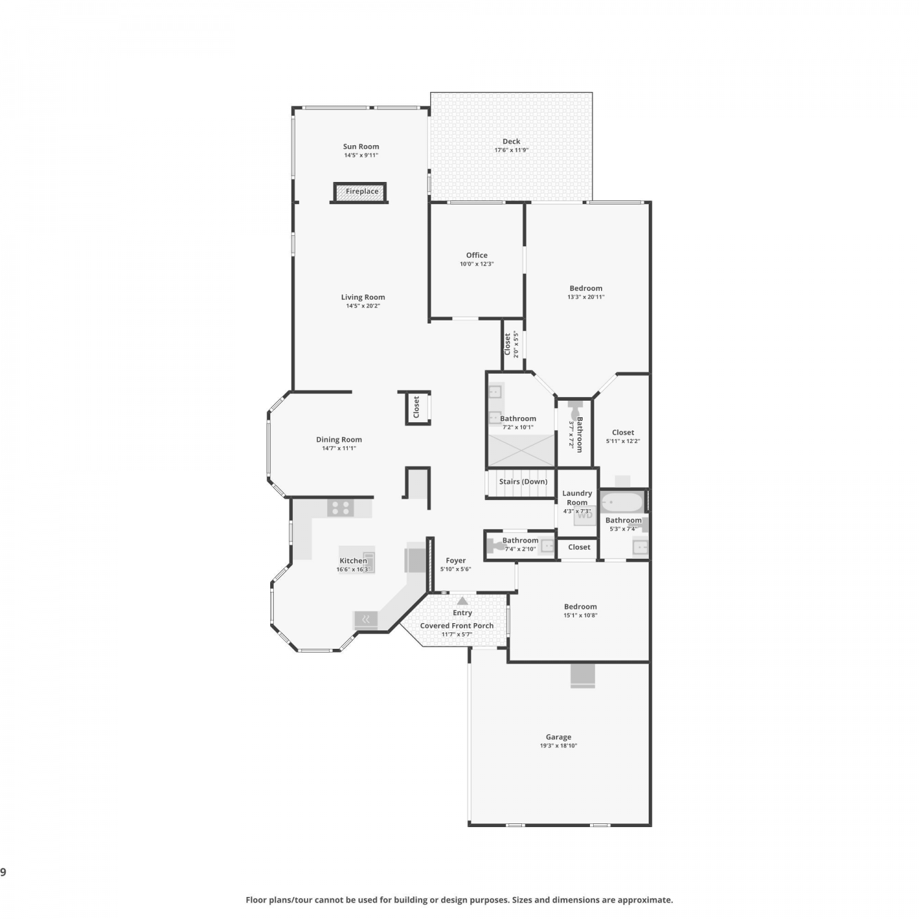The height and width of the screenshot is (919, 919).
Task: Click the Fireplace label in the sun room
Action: (362, 192)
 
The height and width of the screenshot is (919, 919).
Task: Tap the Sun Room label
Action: (361, 146)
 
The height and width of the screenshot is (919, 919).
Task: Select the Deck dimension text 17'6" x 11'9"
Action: (512, 150)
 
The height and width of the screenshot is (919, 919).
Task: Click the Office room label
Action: (477, 255)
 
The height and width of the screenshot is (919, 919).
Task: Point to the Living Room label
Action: (363, 297)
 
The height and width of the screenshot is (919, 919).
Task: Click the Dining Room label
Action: (339, 439)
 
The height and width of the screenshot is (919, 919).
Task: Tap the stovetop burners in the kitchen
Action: (341, 508)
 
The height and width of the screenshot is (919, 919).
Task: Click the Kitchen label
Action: (354, 561)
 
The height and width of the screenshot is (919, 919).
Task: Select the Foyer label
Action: (456, 561)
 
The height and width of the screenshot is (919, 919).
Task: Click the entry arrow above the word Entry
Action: (463, 601)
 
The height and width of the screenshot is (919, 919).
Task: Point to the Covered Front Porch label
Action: (457, 626)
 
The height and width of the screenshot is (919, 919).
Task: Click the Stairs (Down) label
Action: (523, 482)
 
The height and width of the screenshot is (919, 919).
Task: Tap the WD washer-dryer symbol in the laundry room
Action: (585, 515)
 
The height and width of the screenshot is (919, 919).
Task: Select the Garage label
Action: (559, 737)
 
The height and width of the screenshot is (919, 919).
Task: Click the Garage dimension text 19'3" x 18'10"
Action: (559, 746)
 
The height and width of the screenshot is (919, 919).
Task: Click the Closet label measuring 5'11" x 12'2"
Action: (623, 432)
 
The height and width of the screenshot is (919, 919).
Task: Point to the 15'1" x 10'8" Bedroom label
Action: (580, 607)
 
